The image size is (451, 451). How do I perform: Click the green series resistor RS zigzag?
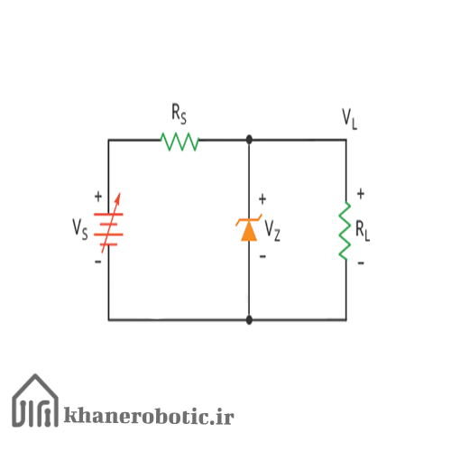(179, 142)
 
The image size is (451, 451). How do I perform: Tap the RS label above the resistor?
(179, 114)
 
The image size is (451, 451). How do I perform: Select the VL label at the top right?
(349, 119)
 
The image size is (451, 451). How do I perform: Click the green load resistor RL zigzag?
(345, 231)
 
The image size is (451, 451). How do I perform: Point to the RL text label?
(363, 231)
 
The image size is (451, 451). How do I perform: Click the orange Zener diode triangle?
(249, 232)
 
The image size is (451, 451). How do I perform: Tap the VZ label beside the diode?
(272, 230)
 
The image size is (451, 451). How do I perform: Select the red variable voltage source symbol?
(108, 224)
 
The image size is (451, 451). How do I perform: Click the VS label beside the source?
(80, 229)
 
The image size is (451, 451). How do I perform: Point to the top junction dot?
(249, 140)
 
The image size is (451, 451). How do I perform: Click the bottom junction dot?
(249, 320)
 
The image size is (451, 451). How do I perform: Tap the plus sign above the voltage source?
(98, 197)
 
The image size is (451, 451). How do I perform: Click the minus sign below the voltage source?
(98, 262)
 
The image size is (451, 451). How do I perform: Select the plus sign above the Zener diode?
(262, 199)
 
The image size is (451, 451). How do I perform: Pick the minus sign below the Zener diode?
(262, 256)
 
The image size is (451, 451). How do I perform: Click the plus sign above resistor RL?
(361, 194)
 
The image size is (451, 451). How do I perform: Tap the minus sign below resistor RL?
(361, 263)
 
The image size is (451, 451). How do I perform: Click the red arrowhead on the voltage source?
(118, 198)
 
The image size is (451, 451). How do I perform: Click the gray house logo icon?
(35, 400)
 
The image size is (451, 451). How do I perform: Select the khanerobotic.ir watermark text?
(149, 416)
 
